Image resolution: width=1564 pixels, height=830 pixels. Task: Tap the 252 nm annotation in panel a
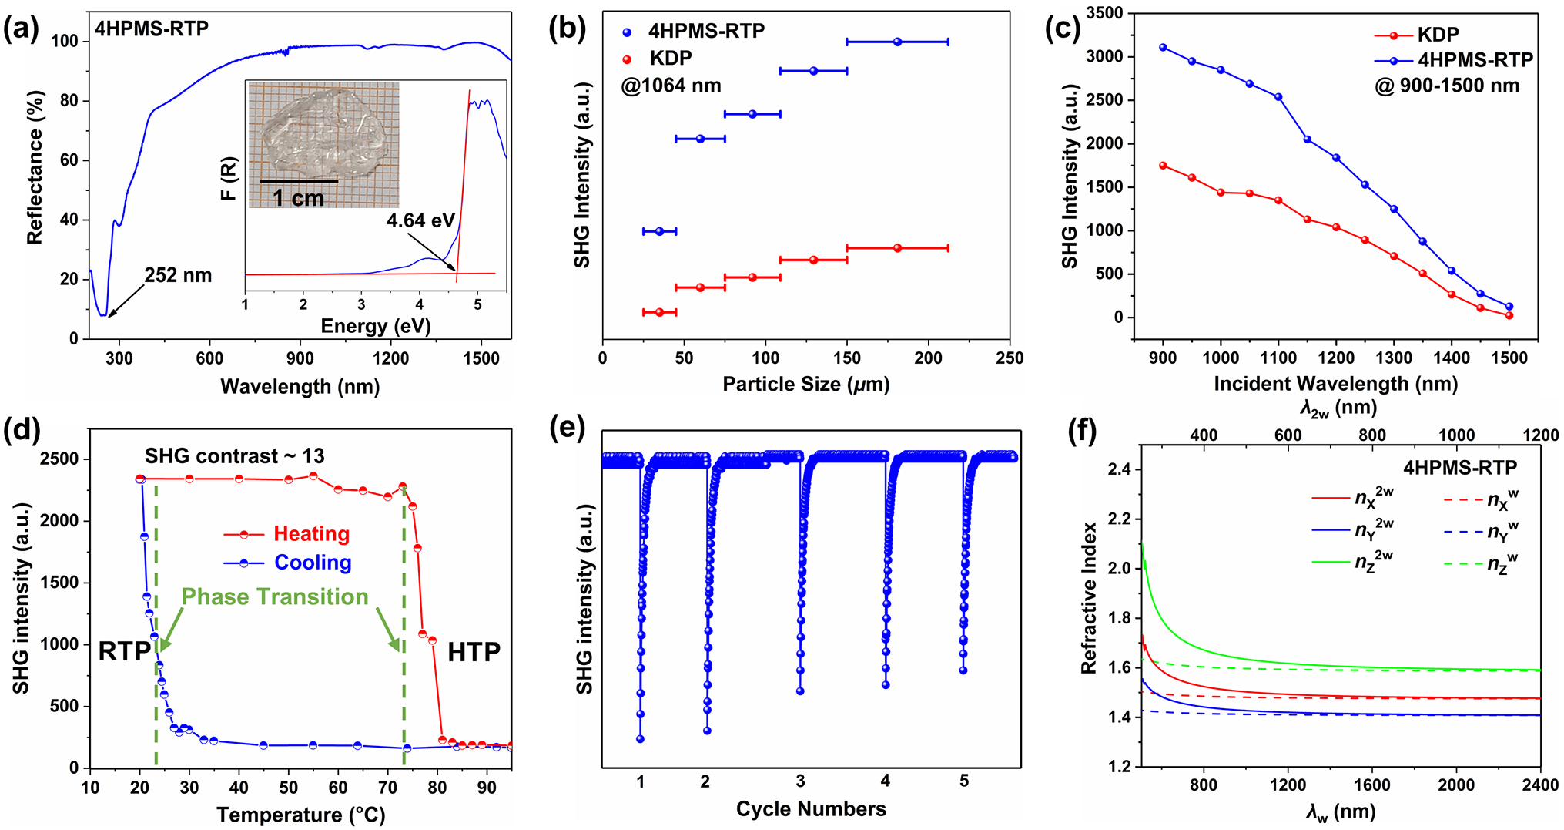coord(178,275)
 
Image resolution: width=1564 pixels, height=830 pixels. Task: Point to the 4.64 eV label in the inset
coord(420,221)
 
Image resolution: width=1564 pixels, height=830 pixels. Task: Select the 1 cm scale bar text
coord(298,199)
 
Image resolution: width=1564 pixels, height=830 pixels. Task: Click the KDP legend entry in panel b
coord(670,59)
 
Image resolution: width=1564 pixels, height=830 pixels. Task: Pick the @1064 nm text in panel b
coord(671,86)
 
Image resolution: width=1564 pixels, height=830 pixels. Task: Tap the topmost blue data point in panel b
coord(897,42)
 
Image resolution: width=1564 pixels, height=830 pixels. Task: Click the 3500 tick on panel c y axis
coord(1105,13)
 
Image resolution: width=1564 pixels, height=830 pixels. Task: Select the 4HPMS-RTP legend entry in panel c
coord(1475,60)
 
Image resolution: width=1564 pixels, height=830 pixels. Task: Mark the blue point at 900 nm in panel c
coord(1163,48)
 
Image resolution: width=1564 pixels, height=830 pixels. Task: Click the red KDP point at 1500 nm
coord(1509,315)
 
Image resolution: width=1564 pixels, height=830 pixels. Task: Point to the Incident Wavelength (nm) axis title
coord(1335,384)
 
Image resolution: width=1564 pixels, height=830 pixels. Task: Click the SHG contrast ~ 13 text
coord(234,456)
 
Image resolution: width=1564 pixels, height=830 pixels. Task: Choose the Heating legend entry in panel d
coord(311,534)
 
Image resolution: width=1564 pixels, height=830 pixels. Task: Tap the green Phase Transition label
coord(275,597)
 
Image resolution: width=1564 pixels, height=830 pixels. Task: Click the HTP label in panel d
coord(474,653)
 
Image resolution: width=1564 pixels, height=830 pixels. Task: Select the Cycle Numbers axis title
coord(811,809)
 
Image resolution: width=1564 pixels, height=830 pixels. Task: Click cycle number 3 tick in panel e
coord(801,781)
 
